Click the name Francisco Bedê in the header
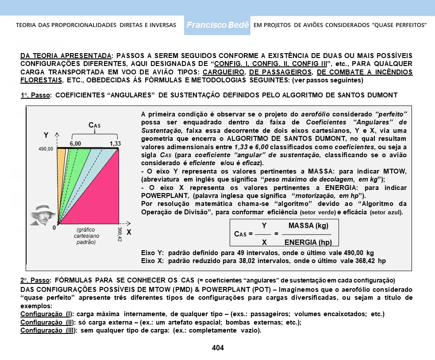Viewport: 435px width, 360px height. [218, 25]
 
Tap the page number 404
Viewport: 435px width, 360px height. [218, 348]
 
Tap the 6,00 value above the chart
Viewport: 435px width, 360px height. [75, 143]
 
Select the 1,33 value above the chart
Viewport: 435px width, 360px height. [115, 143]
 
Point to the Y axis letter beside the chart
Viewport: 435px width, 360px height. [46, 135]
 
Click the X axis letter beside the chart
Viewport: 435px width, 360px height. [129, 232]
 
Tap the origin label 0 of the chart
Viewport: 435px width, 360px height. [54, 228]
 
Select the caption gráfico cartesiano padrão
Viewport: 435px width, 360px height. [85, 236]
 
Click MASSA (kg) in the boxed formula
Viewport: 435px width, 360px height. [308, 225]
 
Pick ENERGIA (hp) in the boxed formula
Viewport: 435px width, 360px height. [308, 242]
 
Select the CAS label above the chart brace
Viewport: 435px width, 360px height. [95, 126]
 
